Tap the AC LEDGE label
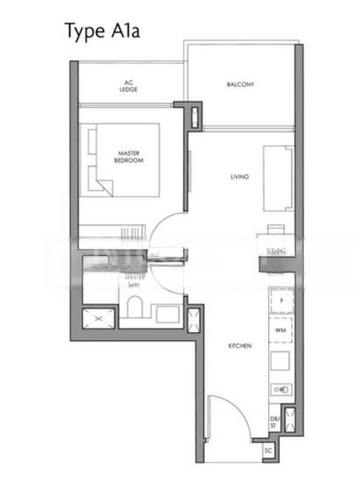[130, 86]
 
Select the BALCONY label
[240, 84]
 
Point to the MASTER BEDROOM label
[130, 158]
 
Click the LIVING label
[239, 177]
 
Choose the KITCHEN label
[240, 346]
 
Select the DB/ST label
[274, 421]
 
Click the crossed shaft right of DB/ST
[290, 421]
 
